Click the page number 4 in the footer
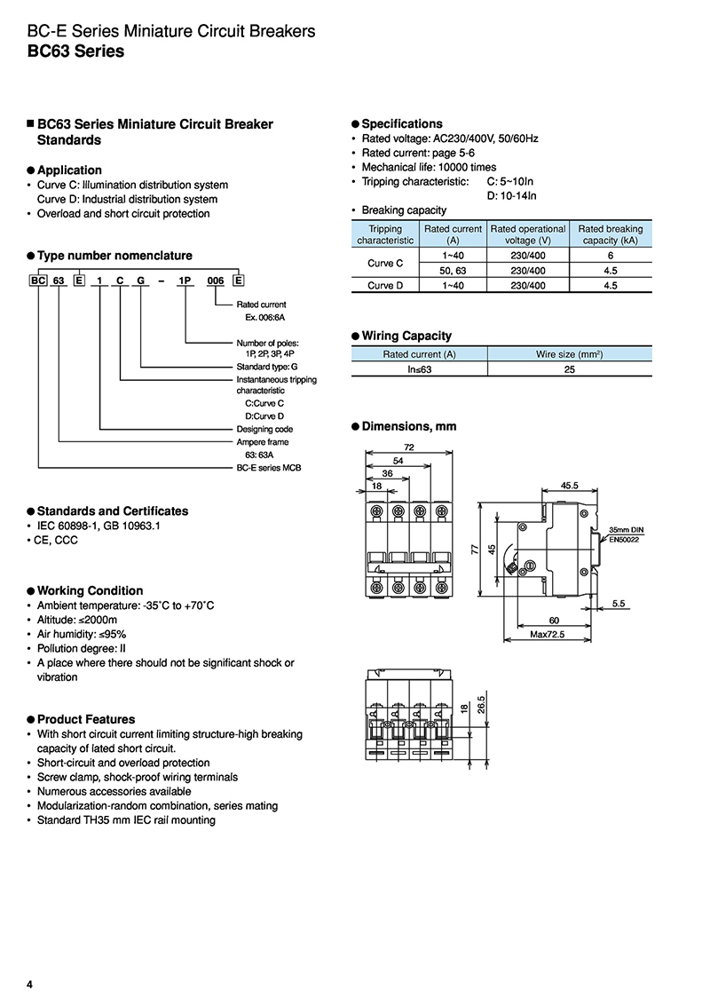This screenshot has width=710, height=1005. pyautogui.click(x=30, y=985)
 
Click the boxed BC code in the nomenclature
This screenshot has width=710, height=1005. pyautogui.click(x=38, y=281)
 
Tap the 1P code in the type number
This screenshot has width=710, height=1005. pyautogui.click(x=185, y=281)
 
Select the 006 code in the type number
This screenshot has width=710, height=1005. pyautogui.click(x=215, y=281)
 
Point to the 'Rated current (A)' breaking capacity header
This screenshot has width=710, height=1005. pyautogui.click(x=454, y=234)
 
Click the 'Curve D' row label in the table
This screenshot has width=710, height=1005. pyautogui.click(x=385, y=285)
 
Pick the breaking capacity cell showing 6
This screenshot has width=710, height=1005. pyautogui.click(x=611, y=256)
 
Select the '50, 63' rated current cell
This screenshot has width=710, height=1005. pyautogui.click(x=454, y=271)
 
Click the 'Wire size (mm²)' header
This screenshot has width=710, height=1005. pyautogui.click(x=569, y=354)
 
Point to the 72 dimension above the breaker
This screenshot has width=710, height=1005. pyautogui.click(x=409, y=447)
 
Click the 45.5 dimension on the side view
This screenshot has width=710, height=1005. pyautogui.click(x=570, y=486)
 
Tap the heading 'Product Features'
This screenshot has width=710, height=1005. pyautogui.click(x=86, y=719)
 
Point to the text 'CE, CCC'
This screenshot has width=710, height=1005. pyautogui.click(x=56, y=540)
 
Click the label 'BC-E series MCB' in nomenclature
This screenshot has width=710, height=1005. pyautogui.click(x=268, y=467)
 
